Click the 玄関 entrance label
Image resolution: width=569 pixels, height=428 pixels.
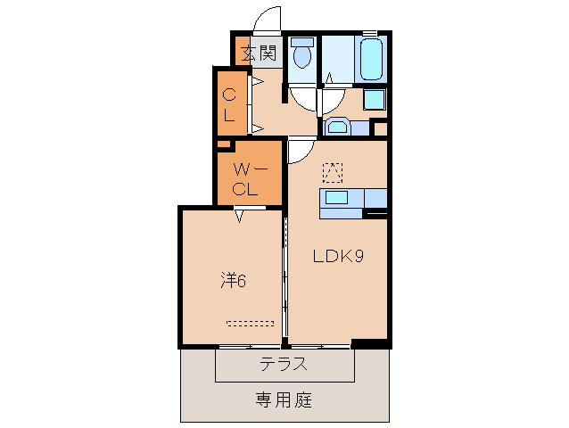[x=259, y=53]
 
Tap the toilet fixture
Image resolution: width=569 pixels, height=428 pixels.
[x=301, y=55]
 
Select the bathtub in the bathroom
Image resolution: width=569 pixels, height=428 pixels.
[x=370, y=59]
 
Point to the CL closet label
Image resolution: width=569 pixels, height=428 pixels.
[x=229, y=104]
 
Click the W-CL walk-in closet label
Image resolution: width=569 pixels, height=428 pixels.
[x=245, y=178]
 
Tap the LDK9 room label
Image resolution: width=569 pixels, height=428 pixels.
[x=337, y=257]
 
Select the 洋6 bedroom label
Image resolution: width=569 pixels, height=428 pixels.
[x=233, y=280]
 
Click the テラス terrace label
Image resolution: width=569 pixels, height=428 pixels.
[x=284, y=364]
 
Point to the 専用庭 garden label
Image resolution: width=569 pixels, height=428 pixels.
[x=284, y=400]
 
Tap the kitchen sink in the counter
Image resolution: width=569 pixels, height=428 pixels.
[x=337, y=197]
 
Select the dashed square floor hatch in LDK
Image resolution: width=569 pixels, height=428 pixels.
[x=332, y=170]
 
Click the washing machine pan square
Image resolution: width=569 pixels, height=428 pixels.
[x=375, y=99]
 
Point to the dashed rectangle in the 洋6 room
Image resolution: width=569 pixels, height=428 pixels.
[x=251, y=324]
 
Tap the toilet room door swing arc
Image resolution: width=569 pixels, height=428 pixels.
[x=303, y=98]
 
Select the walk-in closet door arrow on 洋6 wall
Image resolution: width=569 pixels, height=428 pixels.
[x=240, y=214]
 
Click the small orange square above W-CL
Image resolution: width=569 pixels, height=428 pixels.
[x=223, y=143]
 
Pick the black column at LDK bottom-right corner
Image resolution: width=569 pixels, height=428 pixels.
[x=369, y=344]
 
